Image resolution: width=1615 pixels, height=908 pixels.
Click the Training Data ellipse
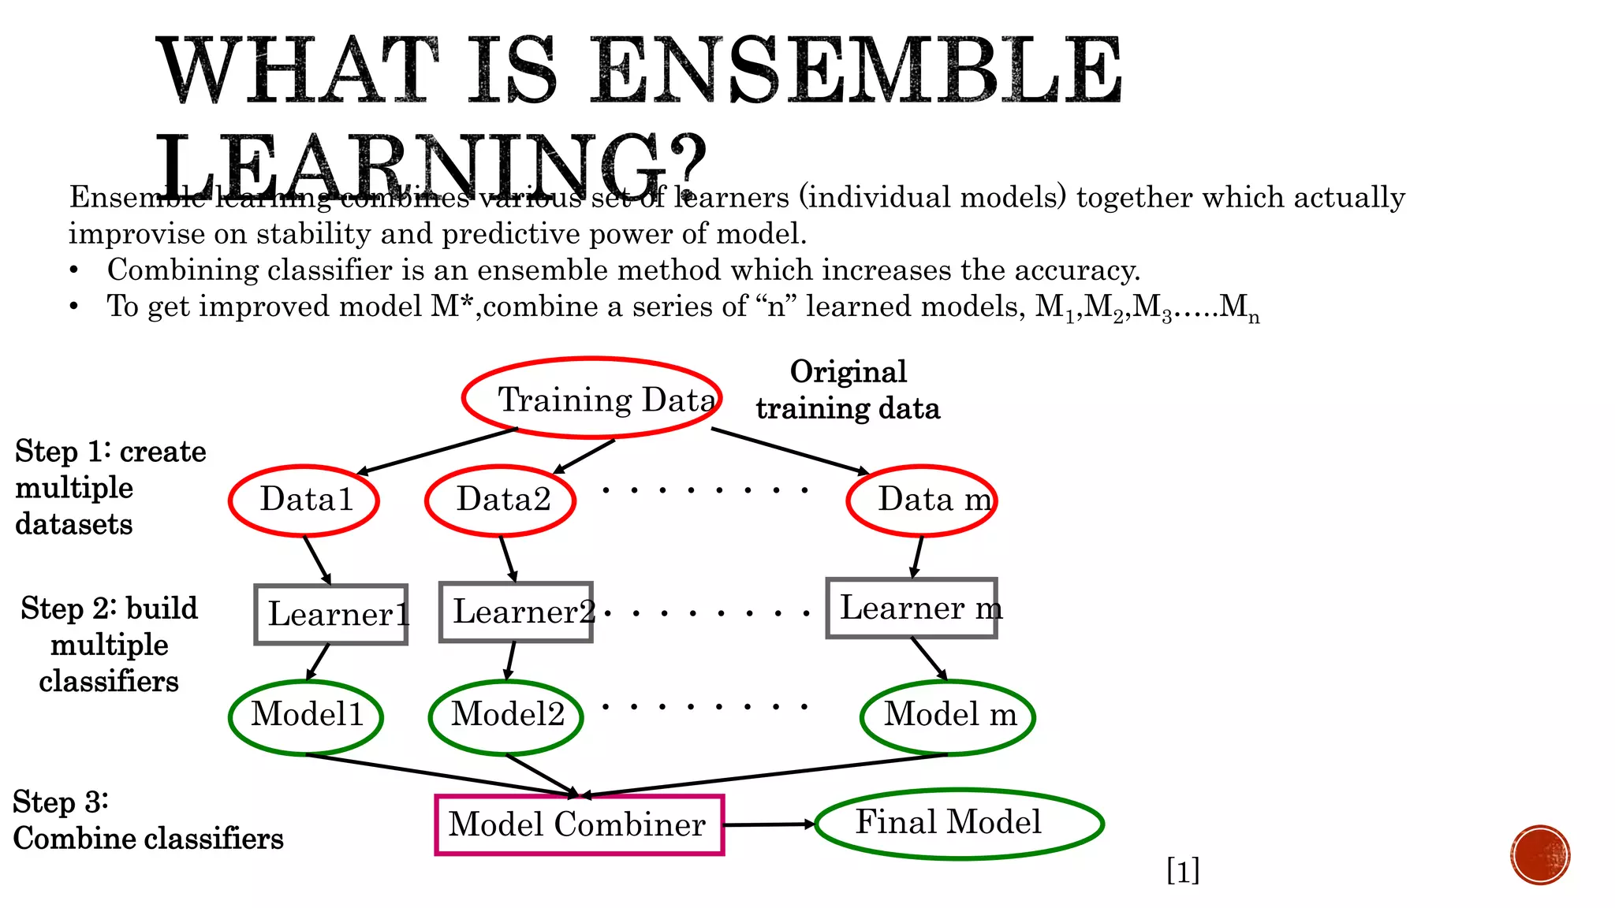pyautogui.click(x=591, y=398)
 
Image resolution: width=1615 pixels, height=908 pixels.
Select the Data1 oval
pyautogui.click(x=304, y=500)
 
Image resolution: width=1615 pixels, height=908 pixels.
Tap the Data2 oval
pyautogui.click(x=501, y=500)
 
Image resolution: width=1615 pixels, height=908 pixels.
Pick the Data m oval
pyautogui.click(x=922, y=500)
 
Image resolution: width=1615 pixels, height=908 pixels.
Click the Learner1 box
pyautogui.click(x=331, y=614)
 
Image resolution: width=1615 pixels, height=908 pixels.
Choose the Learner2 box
pyautogui.click(x=516, y=612)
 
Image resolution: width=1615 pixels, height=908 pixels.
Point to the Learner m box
pyautogui.click(x=912, y=608)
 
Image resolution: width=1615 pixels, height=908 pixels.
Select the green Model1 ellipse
pyautogui.click(x=306, y=716)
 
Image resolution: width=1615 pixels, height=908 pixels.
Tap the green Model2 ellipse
pyautogui.click(x=506, y=716)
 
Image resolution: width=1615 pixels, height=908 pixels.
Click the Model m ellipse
pyautogui.click(x=948, y=716)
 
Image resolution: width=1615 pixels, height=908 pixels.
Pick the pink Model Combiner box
pyautogui.click(x=580, y=824)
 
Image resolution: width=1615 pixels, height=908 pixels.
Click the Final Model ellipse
pyautogui.click(x=959, y=823)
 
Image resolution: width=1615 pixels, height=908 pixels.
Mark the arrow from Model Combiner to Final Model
pyautogui.click(x=769, y=824)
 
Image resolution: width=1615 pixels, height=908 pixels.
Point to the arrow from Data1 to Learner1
pyautogui.click(x=317, y=560)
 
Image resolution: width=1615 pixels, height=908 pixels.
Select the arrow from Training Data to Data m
pyautogui.click(x=790, y=451)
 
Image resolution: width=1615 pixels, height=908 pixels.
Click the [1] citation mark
pyautogui.click(x=1183, y=871)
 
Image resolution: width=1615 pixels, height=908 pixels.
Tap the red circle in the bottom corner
pyautogui.click(x=1540, y=855)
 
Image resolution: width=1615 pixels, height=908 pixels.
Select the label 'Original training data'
pyautogui.click(x=849, y=390)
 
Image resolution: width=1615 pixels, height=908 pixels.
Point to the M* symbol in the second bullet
pyautogui.click(x=451, y=306)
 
